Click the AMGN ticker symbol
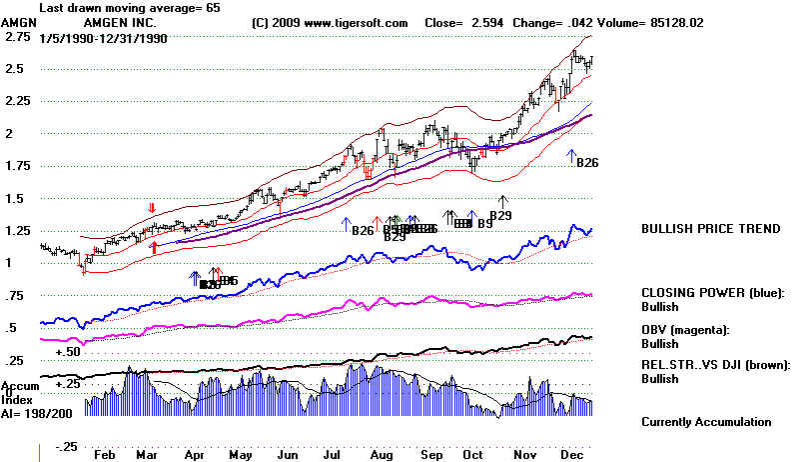point(20,21)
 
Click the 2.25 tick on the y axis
point(20,101)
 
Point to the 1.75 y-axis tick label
point(20,166)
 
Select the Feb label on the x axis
point(103,453)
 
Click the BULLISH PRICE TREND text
point(710,229)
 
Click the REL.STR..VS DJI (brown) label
point(715,366)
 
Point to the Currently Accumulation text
point(707,422)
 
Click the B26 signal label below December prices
point(587,163)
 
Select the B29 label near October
point(500,215)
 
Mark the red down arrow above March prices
point(152,208)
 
